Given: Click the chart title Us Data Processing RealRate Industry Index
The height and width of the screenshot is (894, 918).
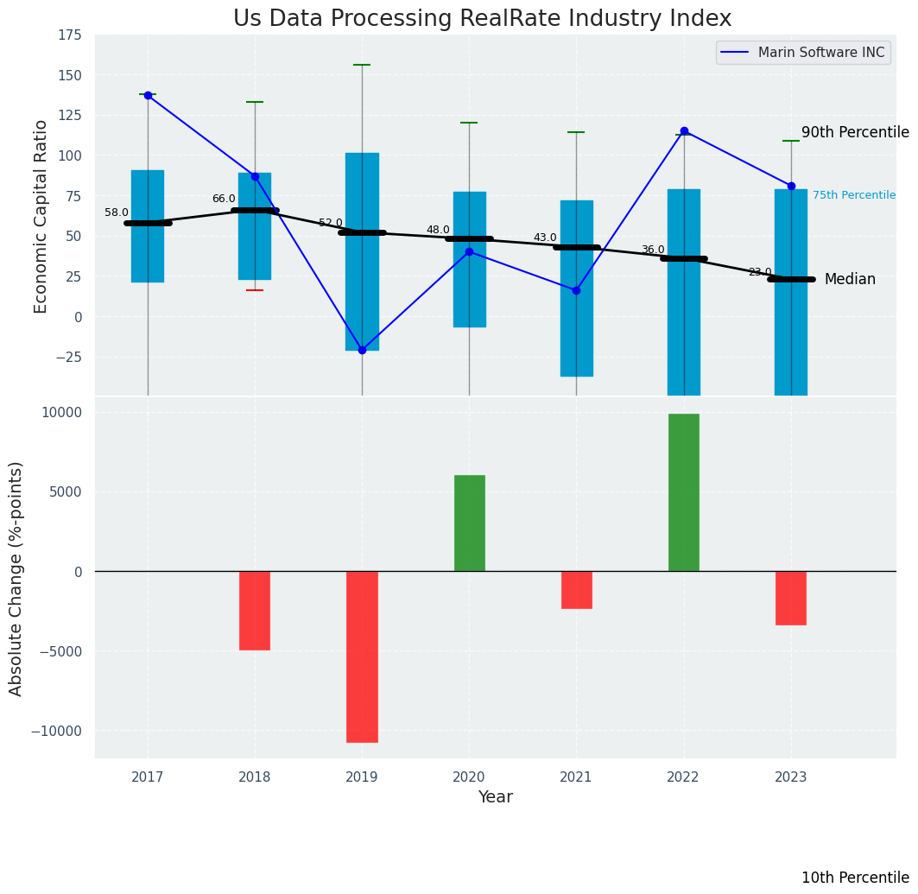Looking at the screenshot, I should click(x=482, y=19).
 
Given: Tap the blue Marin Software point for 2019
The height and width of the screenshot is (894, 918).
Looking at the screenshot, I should click(x=362, y=350).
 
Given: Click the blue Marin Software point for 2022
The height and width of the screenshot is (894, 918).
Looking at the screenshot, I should click(x=684, y=131).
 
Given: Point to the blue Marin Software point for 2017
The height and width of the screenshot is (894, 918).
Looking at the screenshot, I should click(x=148, y=95).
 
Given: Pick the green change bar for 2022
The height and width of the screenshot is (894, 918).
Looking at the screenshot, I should click(x=684, y=492).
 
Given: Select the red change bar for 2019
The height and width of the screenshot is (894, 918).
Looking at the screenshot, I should click(x=362, y=656).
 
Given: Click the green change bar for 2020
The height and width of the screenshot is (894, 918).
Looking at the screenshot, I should click(x=469, y=523).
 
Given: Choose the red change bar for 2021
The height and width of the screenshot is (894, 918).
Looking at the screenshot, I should click(x=576, y=590).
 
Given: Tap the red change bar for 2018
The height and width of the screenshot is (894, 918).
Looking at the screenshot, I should click(x=255, y=610).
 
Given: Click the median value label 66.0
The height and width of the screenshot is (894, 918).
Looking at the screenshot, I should click(x=224, y=200).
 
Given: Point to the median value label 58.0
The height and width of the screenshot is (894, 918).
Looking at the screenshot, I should click(x=117, y=213).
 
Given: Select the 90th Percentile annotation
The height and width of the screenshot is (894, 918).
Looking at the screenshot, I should click(x=855, y=133).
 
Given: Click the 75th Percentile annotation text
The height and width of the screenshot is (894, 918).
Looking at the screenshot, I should click(x=853, y=196).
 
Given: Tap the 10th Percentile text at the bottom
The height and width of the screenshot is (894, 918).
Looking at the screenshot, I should click(x=855, y=878).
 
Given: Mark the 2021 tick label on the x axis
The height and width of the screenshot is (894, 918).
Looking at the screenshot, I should click(x=576, y=777).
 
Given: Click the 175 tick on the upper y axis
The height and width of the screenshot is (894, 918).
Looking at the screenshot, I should click(x=70, y=35).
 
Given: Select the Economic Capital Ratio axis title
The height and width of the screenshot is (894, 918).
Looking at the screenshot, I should click(x=41, y=217).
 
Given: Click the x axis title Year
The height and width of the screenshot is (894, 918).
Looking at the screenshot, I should click(x=495, y=797).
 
